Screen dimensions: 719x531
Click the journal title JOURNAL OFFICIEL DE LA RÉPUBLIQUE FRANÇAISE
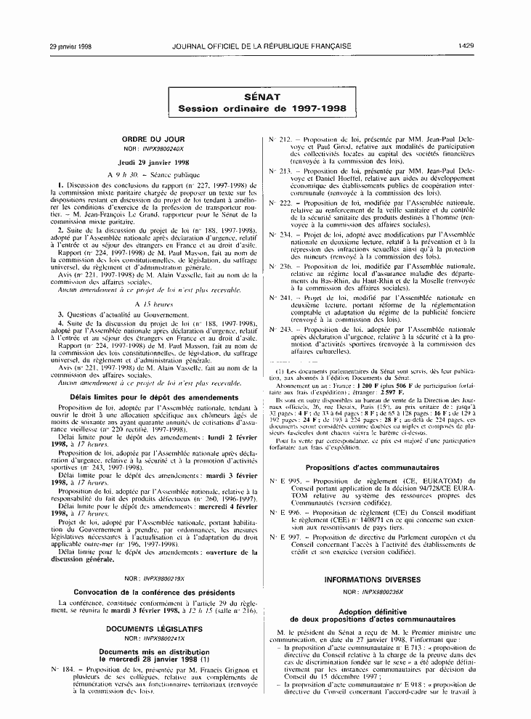(262, 46)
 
